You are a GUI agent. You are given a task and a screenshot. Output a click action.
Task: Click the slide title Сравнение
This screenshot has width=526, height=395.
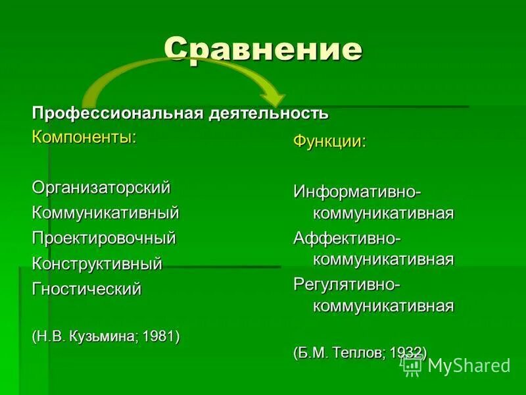[263, 49]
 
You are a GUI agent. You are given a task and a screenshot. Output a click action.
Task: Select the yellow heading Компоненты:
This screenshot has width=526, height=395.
[85, 138]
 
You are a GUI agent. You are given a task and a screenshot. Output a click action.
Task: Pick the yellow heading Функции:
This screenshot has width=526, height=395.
[329, 142]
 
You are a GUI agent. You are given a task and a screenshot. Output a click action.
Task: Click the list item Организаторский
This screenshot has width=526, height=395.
[101, 188]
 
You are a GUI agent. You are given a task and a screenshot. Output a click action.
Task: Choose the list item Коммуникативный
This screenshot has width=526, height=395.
[105, 213]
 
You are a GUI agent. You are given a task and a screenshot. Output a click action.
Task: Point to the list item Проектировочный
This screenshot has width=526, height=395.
[104, 238]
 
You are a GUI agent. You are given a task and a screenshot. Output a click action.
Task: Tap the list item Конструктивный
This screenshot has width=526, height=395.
[97, 263]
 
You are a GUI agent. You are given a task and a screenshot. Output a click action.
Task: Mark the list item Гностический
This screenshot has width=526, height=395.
[87, 289]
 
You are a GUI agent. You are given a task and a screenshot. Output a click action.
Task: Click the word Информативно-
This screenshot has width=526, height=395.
[357, 192]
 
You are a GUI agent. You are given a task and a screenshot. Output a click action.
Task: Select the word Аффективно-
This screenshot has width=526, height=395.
[348, 237]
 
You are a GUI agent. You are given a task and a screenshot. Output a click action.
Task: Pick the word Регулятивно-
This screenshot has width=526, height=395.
[347, 284]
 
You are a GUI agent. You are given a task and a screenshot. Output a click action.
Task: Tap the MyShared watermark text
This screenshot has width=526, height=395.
[469, 366]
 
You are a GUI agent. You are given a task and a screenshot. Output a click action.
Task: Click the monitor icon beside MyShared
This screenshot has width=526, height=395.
[413, 366]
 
